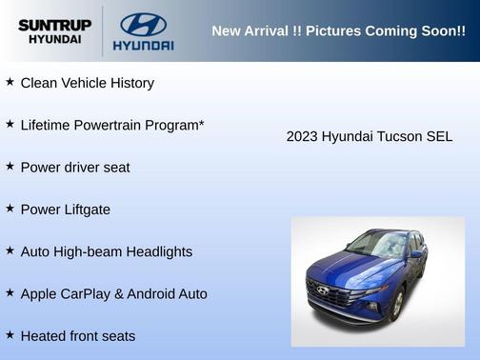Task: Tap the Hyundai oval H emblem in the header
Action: [143, 24]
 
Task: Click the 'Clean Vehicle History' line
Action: [87, 83]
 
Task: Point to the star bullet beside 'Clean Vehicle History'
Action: [10, 82]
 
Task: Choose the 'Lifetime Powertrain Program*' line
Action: [112, 125]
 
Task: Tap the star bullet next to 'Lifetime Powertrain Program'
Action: [10, 124]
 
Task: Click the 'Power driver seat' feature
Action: [75, 167]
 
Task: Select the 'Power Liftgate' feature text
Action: [65, 210]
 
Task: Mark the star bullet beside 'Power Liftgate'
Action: [10, 208]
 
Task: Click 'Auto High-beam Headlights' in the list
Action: [106, 251]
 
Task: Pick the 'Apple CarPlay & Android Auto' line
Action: [113, 293]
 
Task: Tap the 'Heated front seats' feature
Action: [78, 335]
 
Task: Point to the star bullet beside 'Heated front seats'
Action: [10, 334]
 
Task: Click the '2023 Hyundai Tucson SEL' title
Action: [370, 136]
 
